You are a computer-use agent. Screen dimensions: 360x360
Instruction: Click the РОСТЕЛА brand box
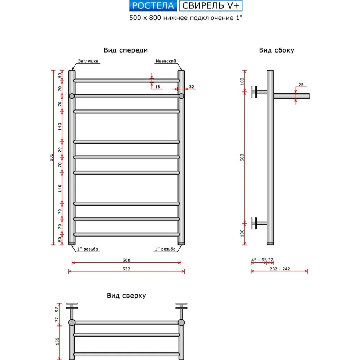click(x=153, y=5)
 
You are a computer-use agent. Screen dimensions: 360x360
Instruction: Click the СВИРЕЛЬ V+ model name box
click(x=211, y=5)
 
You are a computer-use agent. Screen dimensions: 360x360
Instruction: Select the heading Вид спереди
click(x=126, y=50)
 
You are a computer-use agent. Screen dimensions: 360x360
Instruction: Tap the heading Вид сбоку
click(x=276, y=50)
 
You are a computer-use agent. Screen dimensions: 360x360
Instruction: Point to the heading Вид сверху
click(x=126, y=296)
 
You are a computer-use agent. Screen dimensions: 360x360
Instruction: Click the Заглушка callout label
click(x=88, y=61)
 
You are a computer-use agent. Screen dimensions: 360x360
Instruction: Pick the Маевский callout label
click(x=166, y=61)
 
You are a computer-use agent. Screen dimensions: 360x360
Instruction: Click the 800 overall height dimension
click(x=51, y=157)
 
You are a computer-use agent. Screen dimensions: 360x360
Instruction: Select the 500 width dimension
click(x=126, y=260)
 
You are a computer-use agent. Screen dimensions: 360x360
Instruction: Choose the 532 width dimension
click(x=126, y=269)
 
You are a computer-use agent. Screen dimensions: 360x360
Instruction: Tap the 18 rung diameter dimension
click(x=157, y=87)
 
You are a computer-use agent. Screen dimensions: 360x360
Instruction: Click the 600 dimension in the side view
click(x=243, y=157)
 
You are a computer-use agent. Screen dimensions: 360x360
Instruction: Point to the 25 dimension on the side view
click(x=301, y=85)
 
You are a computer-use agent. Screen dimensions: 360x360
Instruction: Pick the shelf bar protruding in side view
click(x=292, y=96)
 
